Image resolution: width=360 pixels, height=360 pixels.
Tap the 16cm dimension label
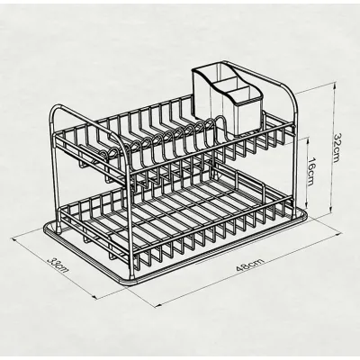[x=312, y=171]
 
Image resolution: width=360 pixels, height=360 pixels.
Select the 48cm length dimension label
[x=250, y=265]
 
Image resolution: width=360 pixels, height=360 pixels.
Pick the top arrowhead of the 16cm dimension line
[x=306, y=139]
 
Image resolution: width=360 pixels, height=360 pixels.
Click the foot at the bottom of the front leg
[x=132, y=277]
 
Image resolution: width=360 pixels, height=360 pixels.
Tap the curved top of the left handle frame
[x=60, y=107]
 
